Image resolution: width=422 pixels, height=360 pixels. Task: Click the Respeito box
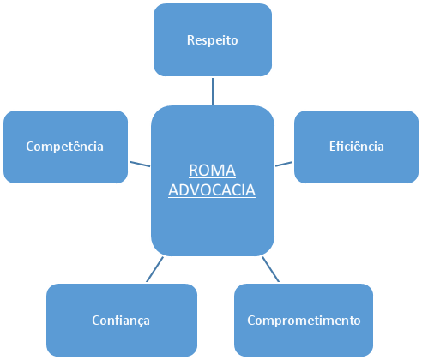[x=213, y=39]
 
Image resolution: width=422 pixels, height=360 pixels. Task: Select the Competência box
[x=65, y=147]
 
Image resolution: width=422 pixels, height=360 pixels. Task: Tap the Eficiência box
[x=356, y=147]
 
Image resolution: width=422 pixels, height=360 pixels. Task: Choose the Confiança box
[x=122, y=320]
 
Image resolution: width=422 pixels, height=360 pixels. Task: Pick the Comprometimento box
[x=304, y=320]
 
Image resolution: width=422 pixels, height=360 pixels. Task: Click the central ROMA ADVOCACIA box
[x=213, y=181]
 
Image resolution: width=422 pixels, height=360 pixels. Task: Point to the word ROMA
[x=213, y=171]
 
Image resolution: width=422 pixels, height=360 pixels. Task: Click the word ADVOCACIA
[x=212, y=190]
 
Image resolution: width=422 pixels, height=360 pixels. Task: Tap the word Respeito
[x=213, y=40]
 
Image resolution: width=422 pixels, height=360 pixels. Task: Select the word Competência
[x=65, y=147]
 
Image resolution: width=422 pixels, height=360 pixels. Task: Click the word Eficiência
[x=357, y=147]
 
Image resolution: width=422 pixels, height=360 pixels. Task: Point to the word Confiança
[x=121, y=321]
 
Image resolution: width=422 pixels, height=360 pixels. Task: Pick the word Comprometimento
[x=304, y=321]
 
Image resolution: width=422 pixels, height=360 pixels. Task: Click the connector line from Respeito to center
[x=213, y=91]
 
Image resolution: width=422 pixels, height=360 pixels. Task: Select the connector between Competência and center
[x=140, y=164]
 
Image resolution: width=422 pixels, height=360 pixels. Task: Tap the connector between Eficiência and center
[x=284, y=164]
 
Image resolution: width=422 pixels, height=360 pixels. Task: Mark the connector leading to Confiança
[x=154, y=269]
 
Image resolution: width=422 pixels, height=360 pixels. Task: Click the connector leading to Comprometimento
[x=271, y=269]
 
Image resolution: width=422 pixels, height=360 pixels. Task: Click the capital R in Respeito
[x=190, y=40]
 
